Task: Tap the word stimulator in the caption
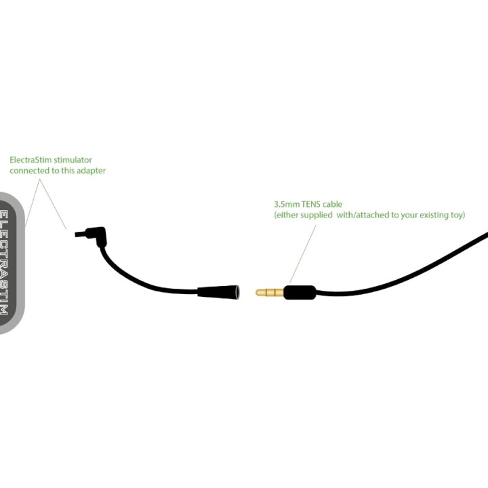pos(73,160)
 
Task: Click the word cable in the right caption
pos(332,205)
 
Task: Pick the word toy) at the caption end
pos(457,215)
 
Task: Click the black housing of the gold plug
pos(300,293)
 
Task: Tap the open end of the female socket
pos(237,293)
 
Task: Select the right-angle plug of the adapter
pos(96,236)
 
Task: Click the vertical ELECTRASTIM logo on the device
pos(4,262)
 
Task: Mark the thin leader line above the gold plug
pos(302,254)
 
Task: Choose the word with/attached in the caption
pos(363,215)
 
